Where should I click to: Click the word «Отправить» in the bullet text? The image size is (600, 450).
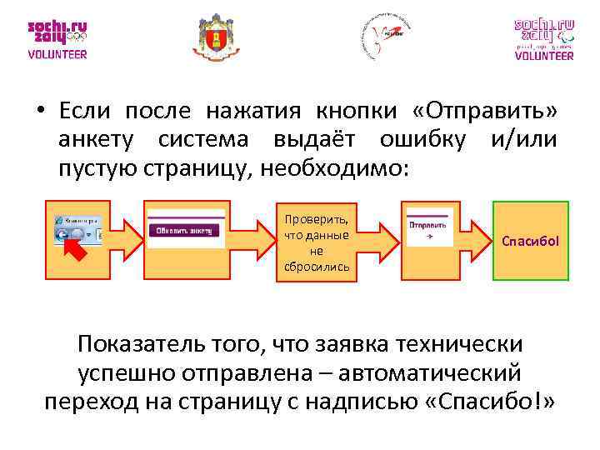[x=484, y=112]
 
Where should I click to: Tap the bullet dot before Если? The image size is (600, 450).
[x=38, y=112]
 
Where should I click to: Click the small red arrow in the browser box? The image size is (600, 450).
[x=76, y=249]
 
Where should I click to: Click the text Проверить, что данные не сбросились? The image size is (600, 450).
[x=317, y=242]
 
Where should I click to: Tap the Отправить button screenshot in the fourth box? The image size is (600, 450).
[x=427, y=227]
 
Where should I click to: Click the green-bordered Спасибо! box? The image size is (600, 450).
[x=530, y=242]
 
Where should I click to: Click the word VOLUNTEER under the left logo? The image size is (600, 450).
[x=57, y=55]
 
